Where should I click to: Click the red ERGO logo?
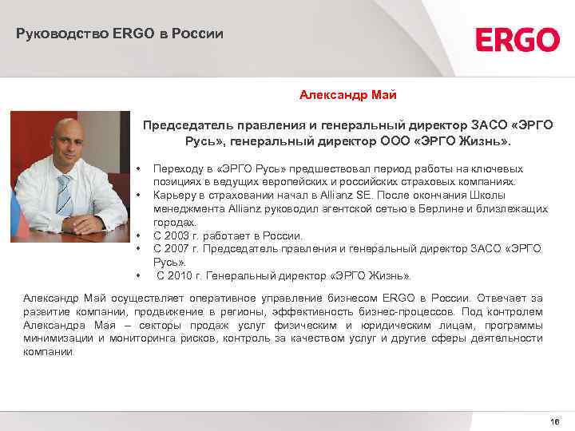click(x=517, y=39)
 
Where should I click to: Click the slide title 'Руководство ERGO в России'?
click(x=120, y=34)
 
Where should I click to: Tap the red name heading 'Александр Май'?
click(x=348, y=96)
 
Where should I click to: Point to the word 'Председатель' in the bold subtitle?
click(x=182, y=125)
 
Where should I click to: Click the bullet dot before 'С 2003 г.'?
click(x=138, y=235)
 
